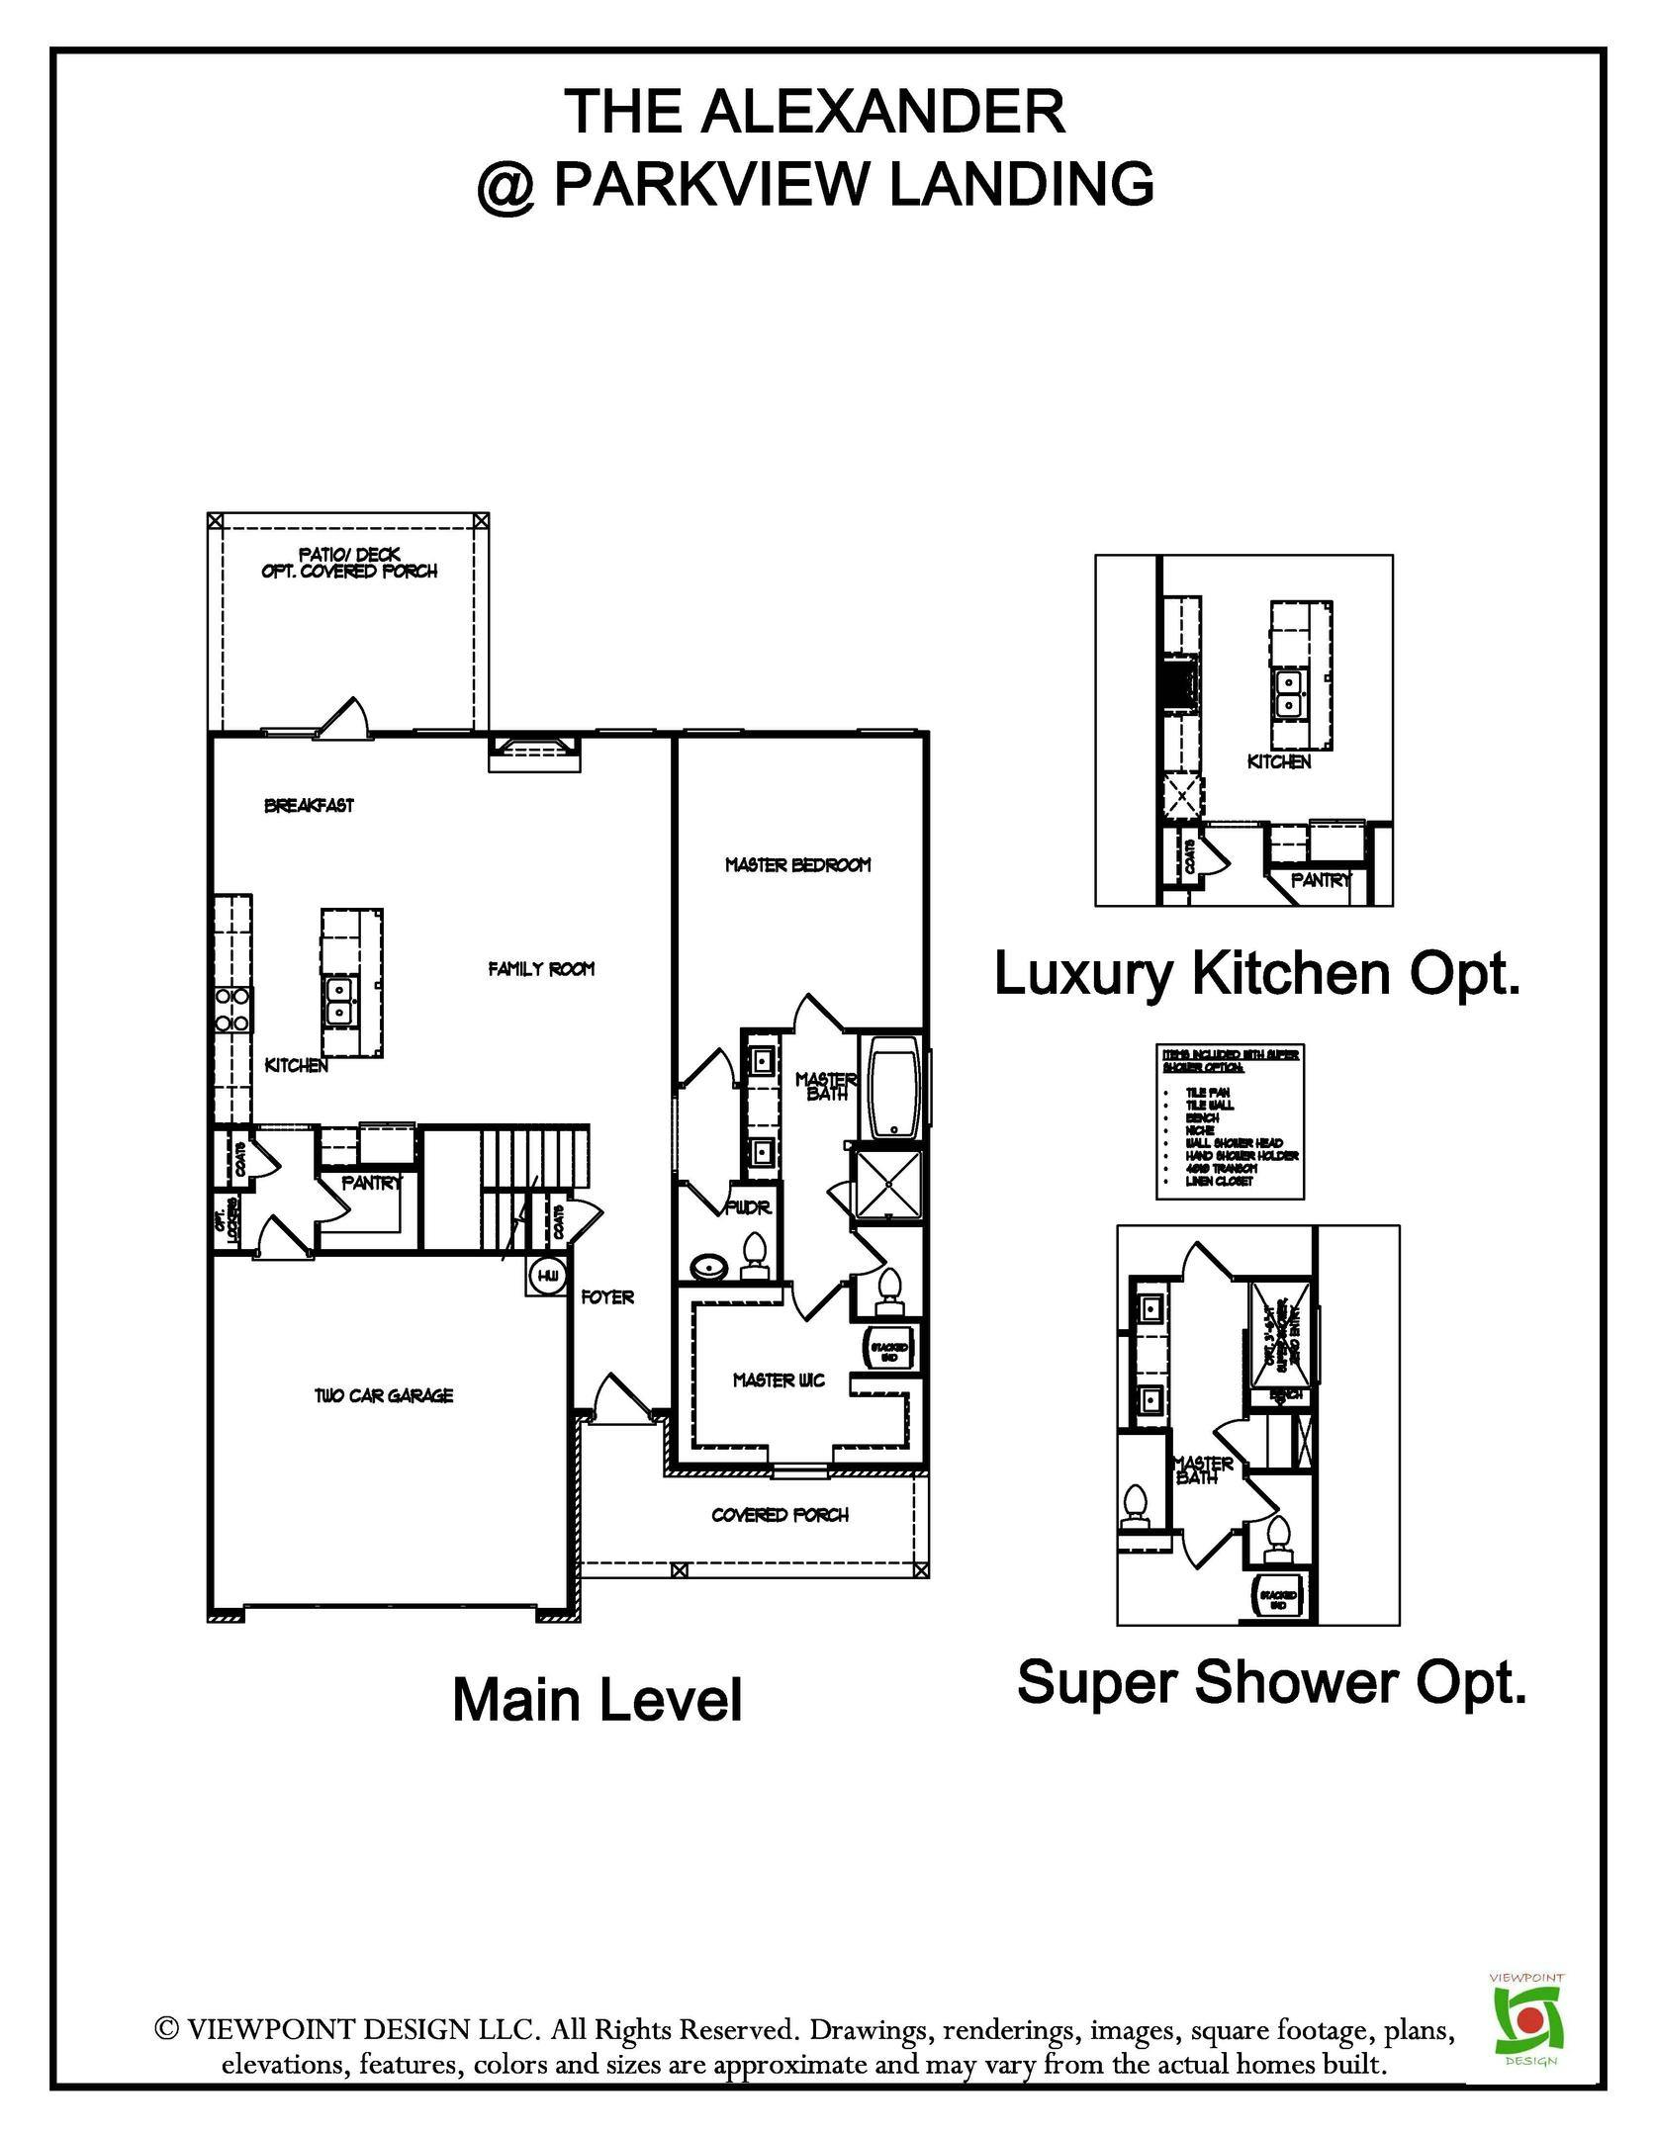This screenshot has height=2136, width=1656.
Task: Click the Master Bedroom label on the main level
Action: (x=797, y=865)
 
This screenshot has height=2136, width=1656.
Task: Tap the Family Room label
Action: (x=541, y=969)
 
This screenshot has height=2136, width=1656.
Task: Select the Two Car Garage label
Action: (x=384, y=1395)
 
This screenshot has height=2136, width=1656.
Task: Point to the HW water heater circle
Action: (x=547, y=1276)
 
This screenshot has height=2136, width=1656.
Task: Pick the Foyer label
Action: (x=606, y=1296)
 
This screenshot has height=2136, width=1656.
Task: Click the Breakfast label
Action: (x=309, y=806)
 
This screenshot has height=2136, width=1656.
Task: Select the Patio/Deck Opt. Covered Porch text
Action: (x=349, y=563)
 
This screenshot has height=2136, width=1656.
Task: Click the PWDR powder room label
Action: (x=747, y=1208)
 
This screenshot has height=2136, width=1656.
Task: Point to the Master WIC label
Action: (x=779, y=1379)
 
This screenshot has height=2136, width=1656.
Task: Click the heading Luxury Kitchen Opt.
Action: (x=1255, y=974)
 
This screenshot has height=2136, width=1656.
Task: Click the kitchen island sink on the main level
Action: (x=339, y=1000)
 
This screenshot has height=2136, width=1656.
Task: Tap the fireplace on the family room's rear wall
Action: (x=534, y=754)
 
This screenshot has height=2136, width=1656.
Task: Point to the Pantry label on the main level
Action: (x=372, y=1183)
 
